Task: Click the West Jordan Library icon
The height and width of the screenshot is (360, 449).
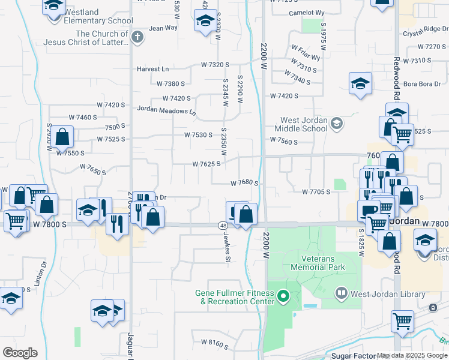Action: click(x=342, y=293)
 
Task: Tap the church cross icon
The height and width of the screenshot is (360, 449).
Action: click(x=137, y=38)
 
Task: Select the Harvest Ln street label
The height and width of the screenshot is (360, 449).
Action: click(x=152, y=69)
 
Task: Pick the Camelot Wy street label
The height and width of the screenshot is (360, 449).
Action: click(x=306, y=13)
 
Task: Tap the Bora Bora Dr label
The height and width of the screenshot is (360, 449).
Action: click(x=418, y=84)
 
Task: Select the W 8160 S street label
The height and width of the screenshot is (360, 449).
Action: click(x=214, y=345)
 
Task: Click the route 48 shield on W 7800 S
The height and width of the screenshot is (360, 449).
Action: click(x=222, y=225)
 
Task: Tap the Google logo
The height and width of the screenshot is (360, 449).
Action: click(x=20, y=353)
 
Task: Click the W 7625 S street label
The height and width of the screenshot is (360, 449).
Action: click(x=206, y=163)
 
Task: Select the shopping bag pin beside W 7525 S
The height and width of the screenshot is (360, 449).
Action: click(x=62, y=137)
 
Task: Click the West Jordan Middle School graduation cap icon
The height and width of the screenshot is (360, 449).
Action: click(x=337, y=124)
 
